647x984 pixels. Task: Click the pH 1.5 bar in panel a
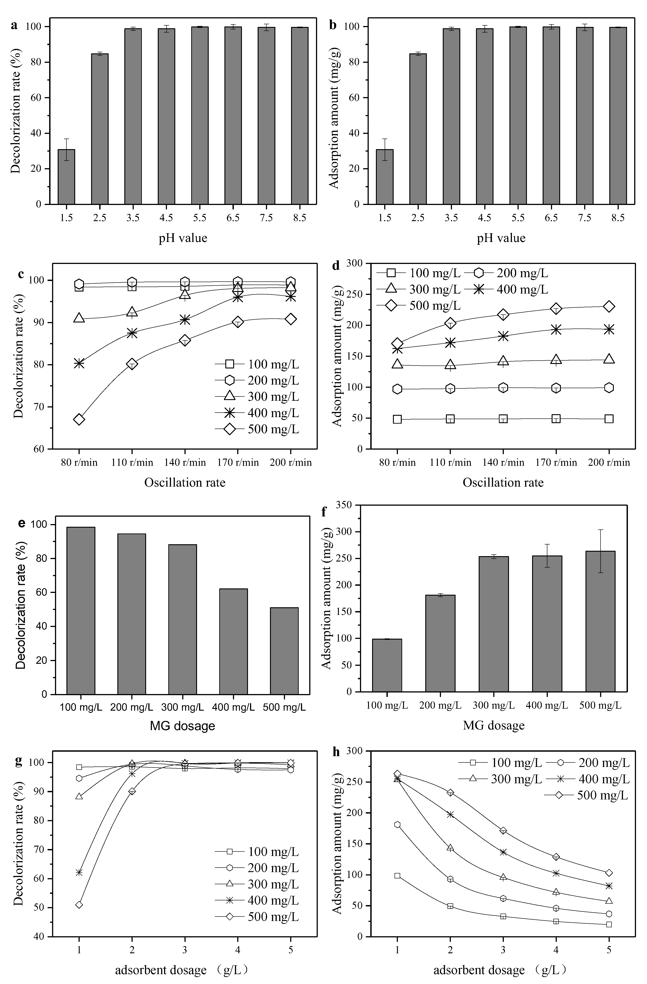66,177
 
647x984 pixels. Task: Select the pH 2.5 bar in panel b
418,129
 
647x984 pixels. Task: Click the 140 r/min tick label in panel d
503,462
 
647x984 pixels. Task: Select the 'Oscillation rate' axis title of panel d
503,483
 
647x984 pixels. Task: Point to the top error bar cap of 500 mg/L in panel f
600,530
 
